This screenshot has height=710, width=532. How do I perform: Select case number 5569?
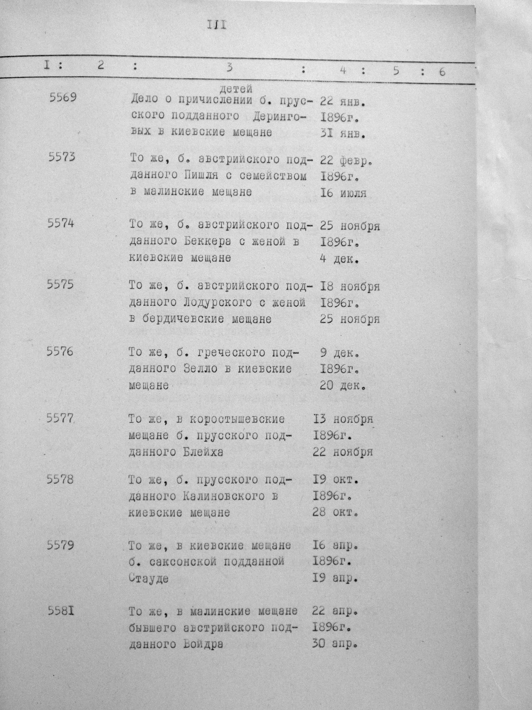click(63, 97)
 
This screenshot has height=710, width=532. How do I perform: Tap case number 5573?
click(62, 157)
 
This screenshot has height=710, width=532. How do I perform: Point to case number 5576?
click(60, 351)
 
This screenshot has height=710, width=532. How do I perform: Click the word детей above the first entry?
click(237, 88)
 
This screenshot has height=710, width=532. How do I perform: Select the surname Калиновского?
click(224, 497)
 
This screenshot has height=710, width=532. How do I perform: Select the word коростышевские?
click(237, 419)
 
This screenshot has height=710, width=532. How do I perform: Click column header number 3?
click(229, 68)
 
